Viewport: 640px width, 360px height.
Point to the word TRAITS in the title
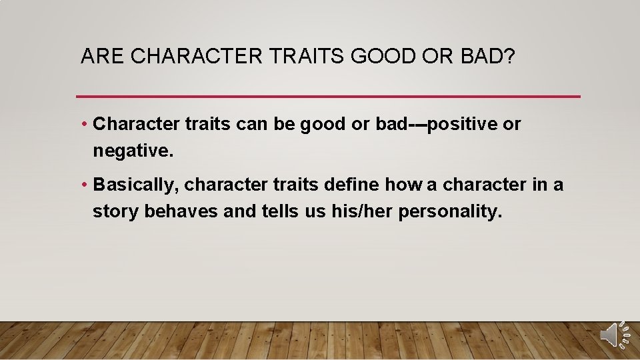point(307,57)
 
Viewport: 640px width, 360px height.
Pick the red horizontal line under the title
point(328,97)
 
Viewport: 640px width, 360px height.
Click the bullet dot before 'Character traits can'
point(85,125)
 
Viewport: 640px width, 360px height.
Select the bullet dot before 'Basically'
point(85,185)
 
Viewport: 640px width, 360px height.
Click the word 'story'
point(116,212)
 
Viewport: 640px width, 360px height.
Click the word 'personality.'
point(450,212)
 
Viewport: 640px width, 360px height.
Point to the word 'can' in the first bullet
point(250,125)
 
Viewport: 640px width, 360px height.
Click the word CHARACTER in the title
point(197,57)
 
